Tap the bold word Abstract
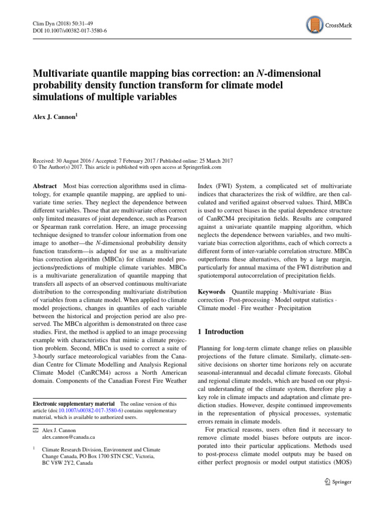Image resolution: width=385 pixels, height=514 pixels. coord(46,185)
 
